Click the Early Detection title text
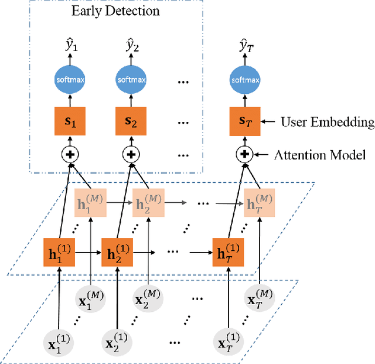pos(115,11)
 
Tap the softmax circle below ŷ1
pos(70,80)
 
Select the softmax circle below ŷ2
pos(128,80)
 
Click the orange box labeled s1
pos(70,123)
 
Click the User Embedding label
pos(327,123)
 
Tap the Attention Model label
pos(320,155)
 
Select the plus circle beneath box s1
pos(70,155)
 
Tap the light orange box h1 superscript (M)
pos(90,203)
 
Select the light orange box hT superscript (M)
pos(260,203)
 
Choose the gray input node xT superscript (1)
pos(228,342)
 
